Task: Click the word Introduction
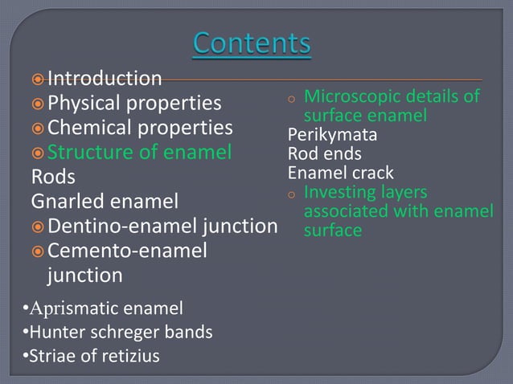click(105, 78)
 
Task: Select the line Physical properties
click(134, 104)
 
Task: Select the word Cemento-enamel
click(127, 251)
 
